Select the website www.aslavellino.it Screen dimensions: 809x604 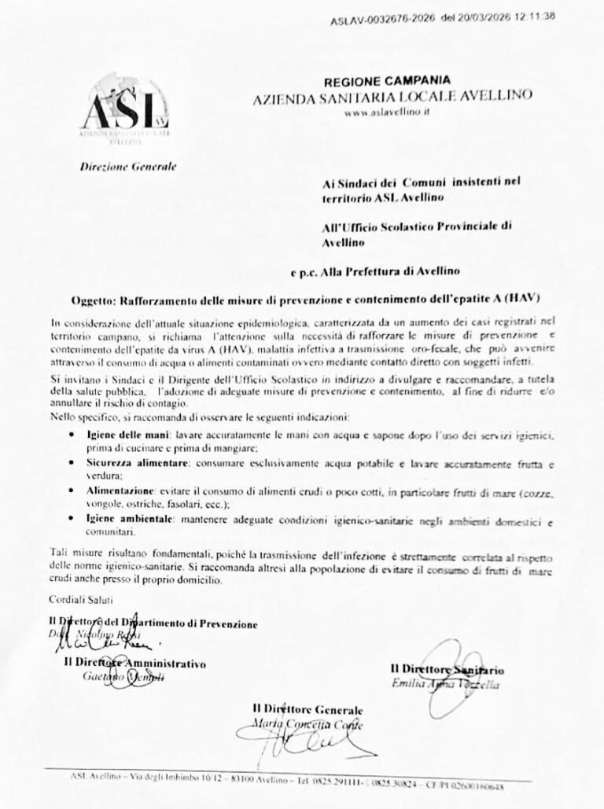(389, 113)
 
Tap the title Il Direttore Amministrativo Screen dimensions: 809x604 (135, 664)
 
